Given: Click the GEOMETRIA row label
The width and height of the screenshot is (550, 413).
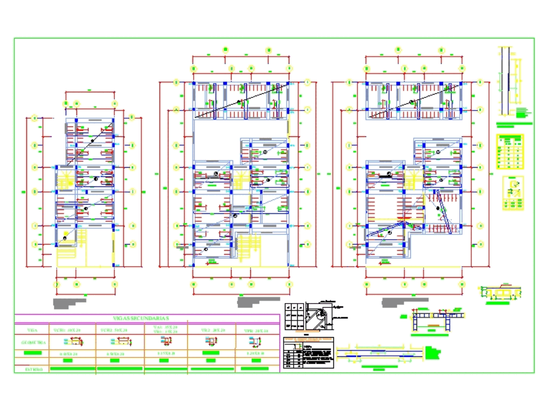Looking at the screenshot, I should pos(32,342).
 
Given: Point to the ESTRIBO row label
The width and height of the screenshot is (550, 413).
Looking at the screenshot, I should pos(32,369).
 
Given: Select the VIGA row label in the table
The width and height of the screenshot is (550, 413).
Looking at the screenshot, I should pos(32,330).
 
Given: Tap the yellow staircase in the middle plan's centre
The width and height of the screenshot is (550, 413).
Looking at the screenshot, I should pos(241,179).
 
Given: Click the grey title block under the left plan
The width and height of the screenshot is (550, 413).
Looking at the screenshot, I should pos(70,302).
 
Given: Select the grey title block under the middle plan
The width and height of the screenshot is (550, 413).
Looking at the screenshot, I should pos(255,301).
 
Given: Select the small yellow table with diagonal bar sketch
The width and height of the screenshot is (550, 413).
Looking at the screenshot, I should pos(513,192).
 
